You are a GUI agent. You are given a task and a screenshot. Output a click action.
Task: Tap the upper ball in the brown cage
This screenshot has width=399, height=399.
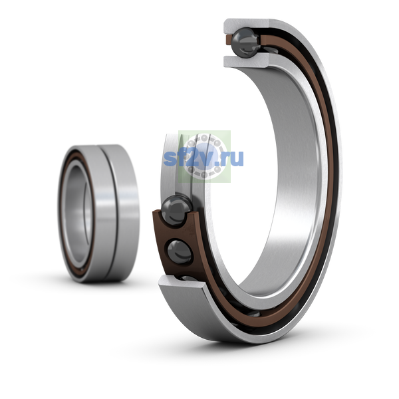click(x=177, y=210)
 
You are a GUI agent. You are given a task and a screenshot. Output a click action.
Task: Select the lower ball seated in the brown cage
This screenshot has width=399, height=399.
click(x=180, y=252)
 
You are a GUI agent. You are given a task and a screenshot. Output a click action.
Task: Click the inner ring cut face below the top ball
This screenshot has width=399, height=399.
click(x=246, y=61)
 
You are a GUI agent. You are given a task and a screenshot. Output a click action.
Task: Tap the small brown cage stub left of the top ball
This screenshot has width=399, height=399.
click(x=229, y=41)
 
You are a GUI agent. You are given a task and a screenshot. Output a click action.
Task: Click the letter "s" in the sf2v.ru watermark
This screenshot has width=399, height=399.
click(x=169, y=158)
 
